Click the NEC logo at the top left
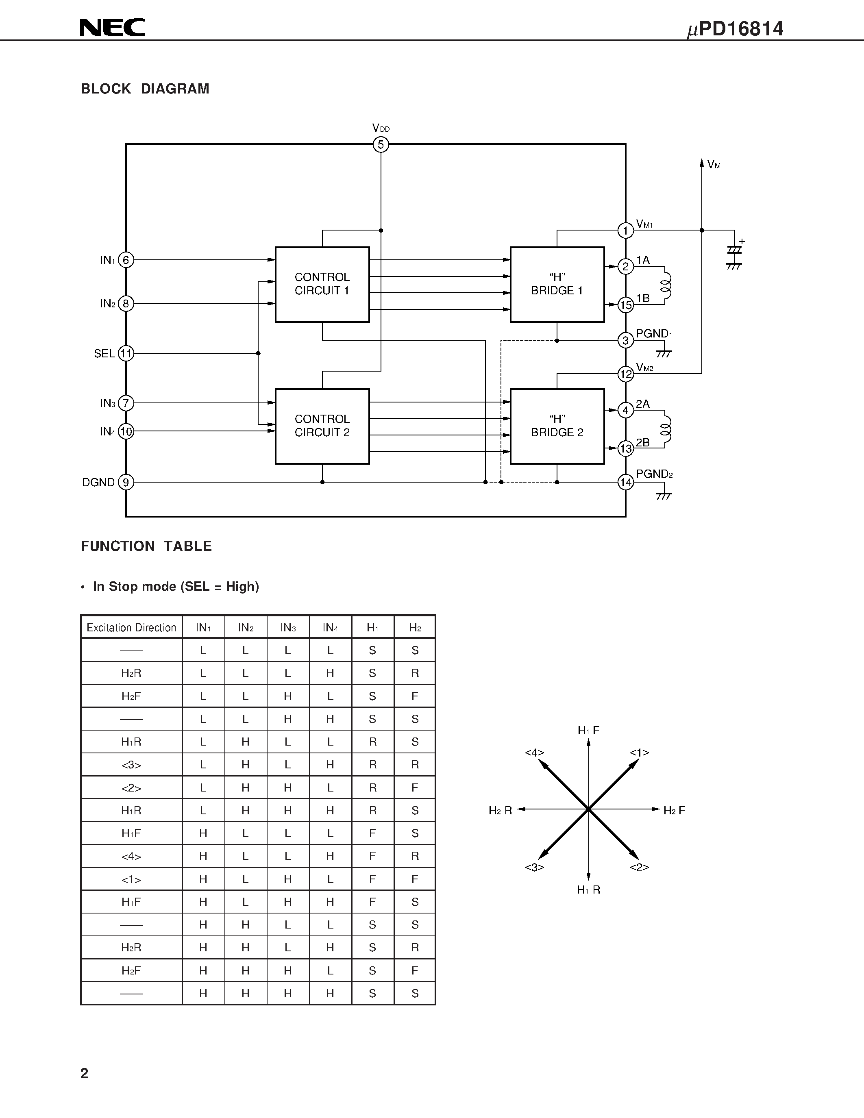coord(112,28)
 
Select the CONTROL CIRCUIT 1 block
coord(322,284)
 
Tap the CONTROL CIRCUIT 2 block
coord(322,426)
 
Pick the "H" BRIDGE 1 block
coord(557,284)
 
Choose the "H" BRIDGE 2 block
coord(557,426)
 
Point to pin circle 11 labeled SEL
coord(126,353)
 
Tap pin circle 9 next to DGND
coord(126,482)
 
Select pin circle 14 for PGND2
coord(625,482)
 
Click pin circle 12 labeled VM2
coord(625,374)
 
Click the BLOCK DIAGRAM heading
coord(145,89)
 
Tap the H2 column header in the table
coord(415,628)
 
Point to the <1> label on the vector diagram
coord(639,753)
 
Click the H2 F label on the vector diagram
coord(674,810)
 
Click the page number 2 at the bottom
coord(85,1073)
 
